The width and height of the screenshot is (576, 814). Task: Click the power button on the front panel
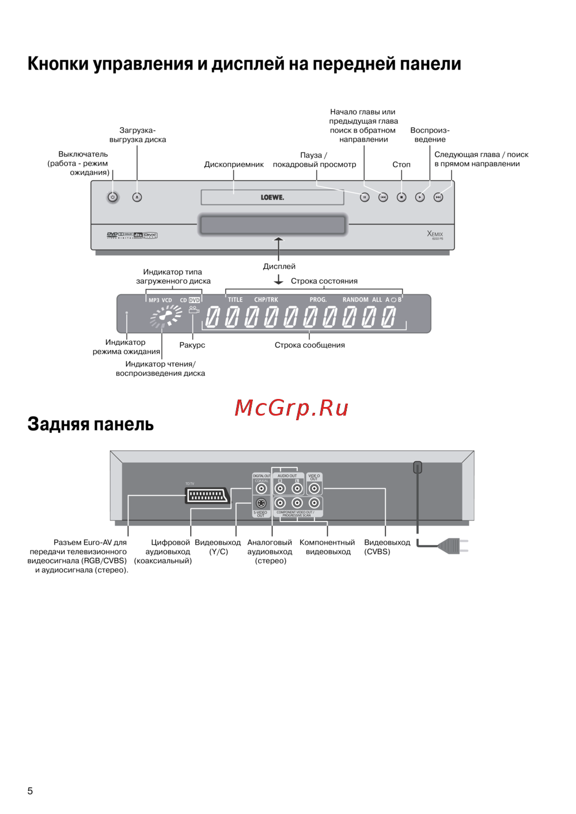click(113, 197)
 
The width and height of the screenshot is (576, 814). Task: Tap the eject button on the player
click(137, 197)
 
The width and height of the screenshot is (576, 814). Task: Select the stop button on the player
click(401, 197)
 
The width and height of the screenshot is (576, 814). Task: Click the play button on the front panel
click(420, 197)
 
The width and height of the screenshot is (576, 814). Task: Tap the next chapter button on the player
click(438, 197)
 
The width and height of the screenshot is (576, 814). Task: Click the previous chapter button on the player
click(383, 197)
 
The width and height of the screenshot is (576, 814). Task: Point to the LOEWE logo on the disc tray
click(272, 197)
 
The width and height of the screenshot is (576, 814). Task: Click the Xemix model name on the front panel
click(435, 234)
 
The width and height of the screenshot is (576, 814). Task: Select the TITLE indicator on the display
click(235, 300)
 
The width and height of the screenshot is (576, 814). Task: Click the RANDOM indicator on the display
click(355, 300)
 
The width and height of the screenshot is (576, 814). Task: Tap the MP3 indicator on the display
click(154, 301)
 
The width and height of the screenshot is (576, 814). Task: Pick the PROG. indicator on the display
click(318, 300)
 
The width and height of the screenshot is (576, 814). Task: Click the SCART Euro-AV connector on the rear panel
click(207, 495)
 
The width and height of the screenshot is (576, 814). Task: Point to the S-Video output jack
click(261, 503)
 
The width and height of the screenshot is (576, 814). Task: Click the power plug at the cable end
click(452, 546)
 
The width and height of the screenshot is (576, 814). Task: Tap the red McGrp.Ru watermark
click(291, 408)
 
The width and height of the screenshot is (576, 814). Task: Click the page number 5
click(30, 791)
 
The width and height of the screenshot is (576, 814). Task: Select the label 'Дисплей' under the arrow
click(279, 267)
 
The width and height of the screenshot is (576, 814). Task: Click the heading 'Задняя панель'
click(90, 424)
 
